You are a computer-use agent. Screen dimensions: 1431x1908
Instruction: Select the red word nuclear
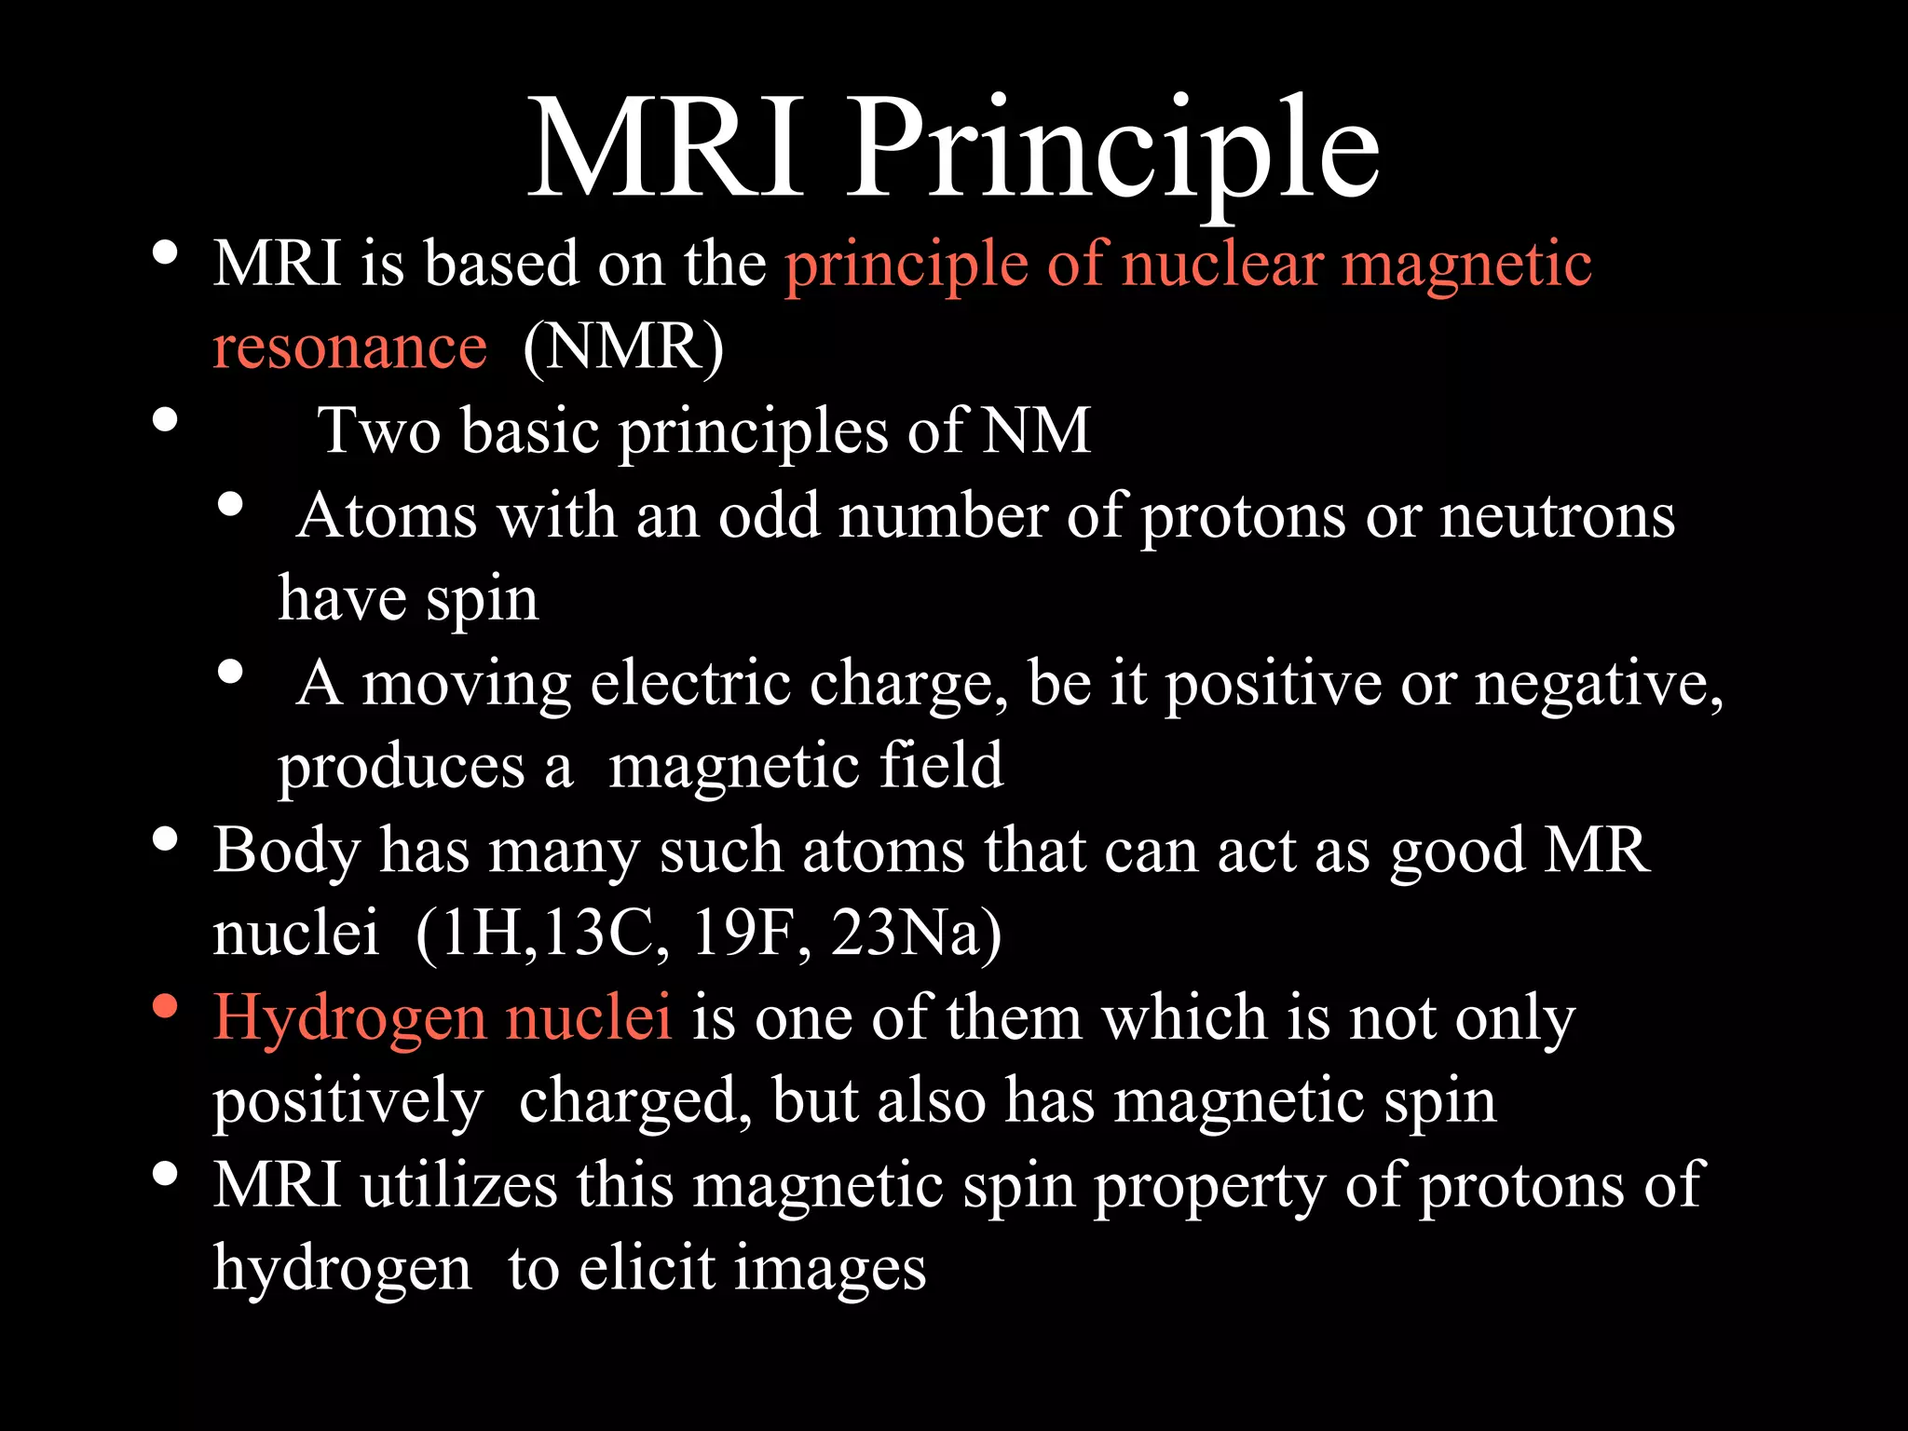click(x=1221, y=265)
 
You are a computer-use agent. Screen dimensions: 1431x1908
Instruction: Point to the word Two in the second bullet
click(x=379, y=432)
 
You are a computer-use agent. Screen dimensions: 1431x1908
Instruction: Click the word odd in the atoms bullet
click(x=769, y=516)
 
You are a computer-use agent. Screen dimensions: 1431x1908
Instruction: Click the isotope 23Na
click(x=915, y=934)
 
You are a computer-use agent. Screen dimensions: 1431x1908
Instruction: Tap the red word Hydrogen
click(x=349, y=1019)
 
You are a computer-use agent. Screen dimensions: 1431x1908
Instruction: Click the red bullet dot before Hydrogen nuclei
click(x=165, y=1007)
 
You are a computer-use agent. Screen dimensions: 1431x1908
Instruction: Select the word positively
click(x=348, y=1103)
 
